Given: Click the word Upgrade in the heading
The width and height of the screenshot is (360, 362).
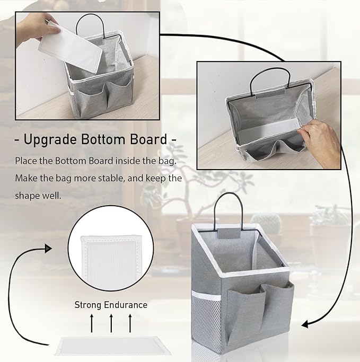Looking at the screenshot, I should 49,140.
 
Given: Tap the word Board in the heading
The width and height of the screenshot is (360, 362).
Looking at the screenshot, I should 146,140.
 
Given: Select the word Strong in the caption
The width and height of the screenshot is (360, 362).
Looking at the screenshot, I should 87,305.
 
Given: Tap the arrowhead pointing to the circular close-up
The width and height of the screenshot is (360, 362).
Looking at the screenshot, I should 49,248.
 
